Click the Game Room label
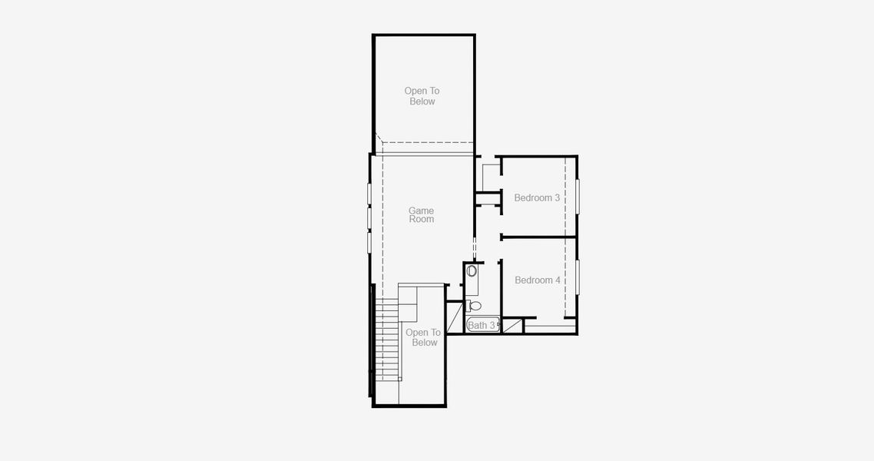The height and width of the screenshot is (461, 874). coord(421,215)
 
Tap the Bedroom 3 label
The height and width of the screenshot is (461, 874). coord(537,198)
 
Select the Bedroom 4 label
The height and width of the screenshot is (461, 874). coord(537,280)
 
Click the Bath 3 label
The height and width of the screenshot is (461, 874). coord(482,326)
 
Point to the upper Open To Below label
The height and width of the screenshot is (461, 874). coord(422,96)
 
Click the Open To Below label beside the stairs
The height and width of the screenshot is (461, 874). coord(424,338)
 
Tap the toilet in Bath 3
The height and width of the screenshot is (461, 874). coord(475,306)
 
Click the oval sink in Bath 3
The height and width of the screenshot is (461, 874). coord(472,271)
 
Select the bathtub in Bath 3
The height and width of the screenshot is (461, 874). coord(483,325)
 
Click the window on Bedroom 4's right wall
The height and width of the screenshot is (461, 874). coord(578,277)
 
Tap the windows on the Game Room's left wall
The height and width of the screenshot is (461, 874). coord(369,218)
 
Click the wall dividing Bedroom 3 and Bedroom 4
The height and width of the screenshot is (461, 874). coord(538,237)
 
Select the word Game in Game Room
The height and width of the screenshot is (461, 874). coord(421,211)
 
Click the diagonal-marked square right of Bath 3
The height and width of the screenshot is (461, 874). coord(512,325)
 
